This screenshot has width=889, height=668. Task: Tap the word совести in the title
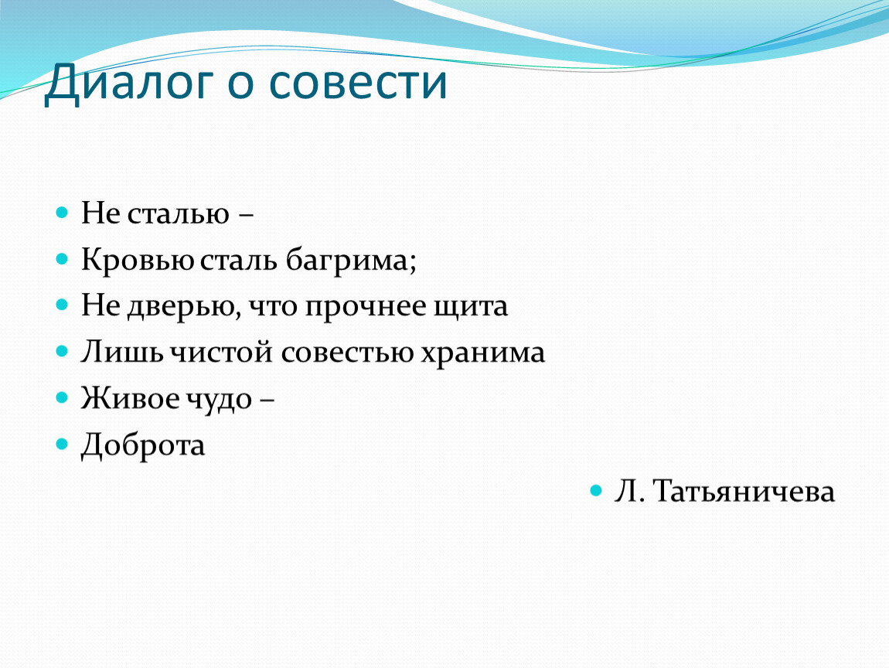[358, 83]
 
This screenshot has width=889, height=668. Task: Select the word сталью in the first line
[178, 214]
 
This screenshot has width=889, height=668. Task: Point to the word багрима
[347, 261]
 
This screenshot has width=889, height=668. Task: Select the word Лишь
[121, 352]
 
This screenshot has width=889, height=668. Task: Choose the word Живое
[130, 399]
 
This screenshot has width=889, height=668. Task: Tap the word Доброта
[143, 445]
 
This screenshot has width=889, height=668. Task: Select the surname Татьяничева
[744, 492]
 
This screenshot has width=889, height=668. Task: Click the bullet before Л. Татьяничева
[595, 490]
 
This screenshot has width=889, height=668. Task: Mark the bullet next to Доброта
[62, 444]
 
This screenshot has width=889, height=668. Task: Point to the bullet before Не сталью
[62, 213]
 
